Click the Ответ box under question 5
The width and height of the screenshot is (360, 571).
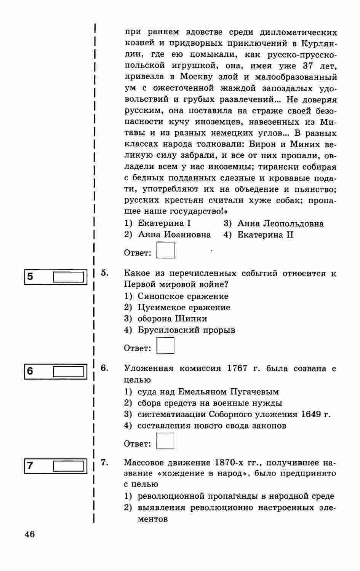point(165,346)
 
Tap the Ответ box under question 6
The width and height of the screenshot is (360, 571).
point(165,441)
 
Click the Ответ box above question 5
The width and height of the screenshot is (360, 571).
point(165,250)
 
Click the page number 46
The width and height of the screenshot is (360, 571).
point(29,534)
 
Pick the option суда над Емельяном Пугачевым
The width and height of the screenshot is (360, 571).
point(208,392)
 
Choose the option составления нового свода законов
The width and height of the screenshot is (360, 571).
point(211,426)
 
